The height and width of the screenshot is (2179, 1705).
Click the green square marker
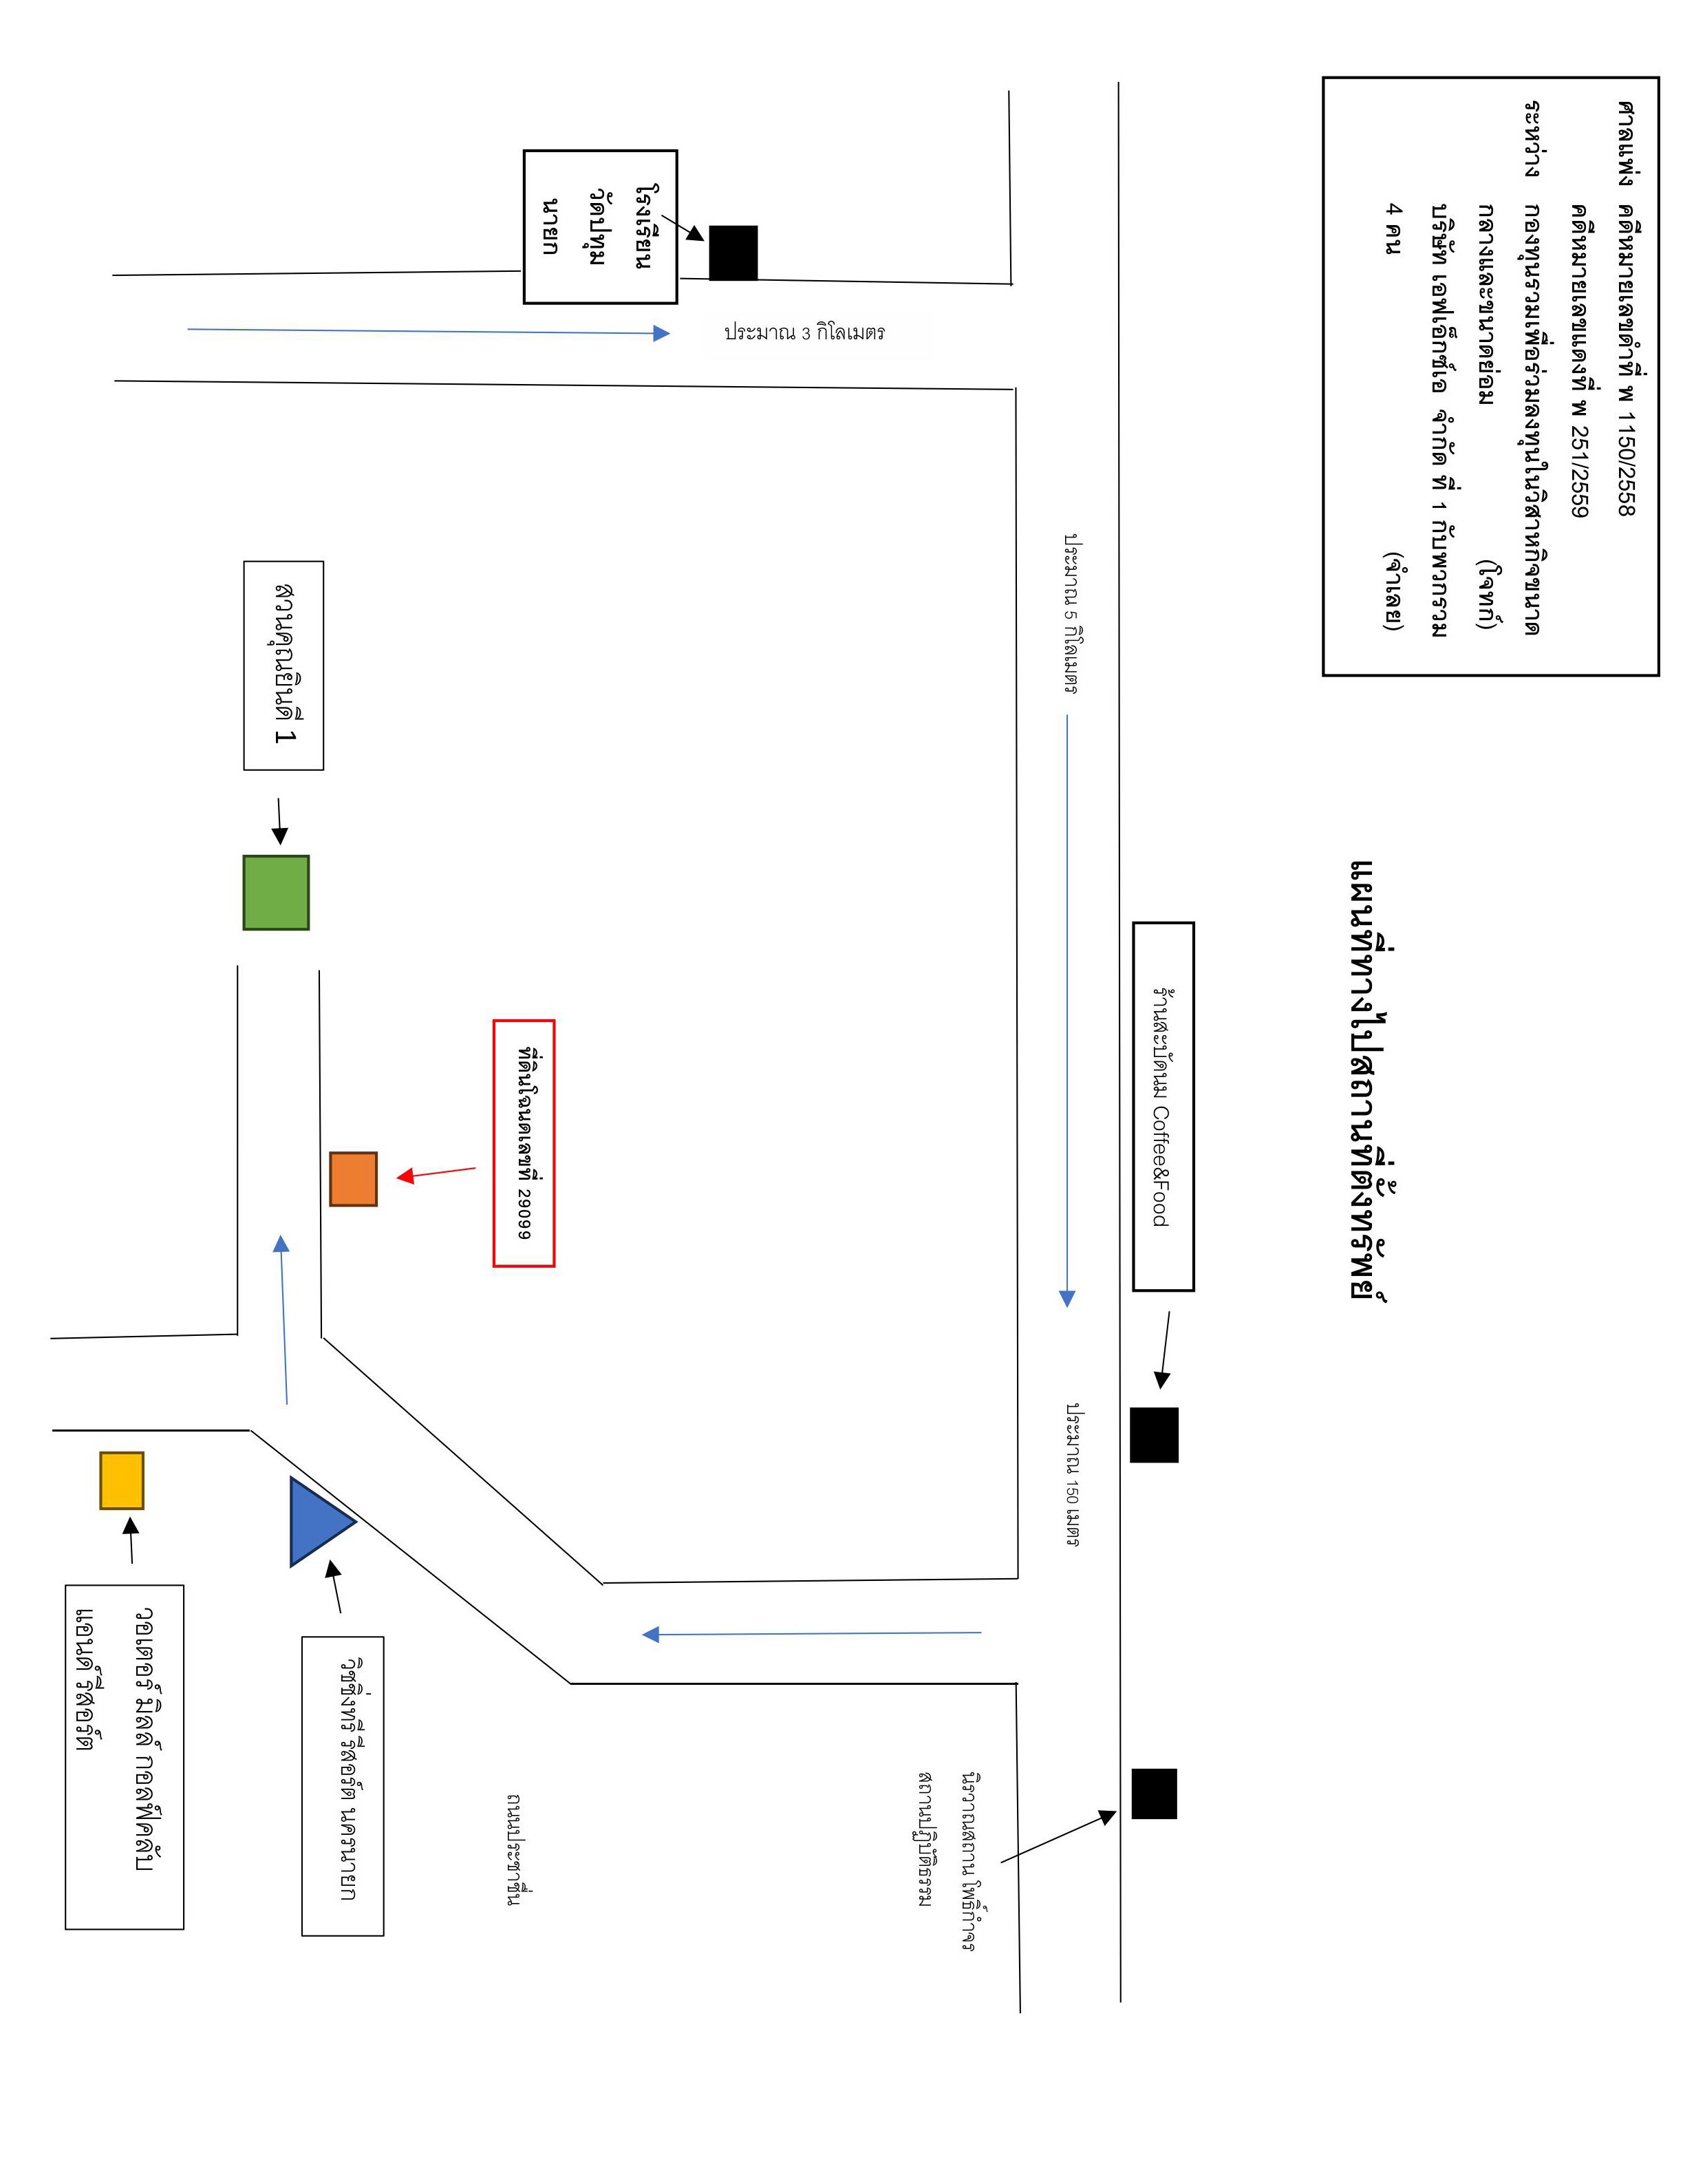tap(277, 892)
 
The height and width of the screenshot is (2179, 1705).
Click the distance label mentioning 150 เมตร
tap(1072, 1475)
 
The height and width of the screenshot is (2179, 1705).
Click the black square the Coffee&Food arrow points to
tap(1154, 1435)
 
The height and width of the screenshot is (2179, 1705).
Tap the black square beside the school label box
tap(733, 253)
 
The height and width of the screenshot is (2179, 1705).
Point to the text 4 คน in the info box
tap(1393, 228)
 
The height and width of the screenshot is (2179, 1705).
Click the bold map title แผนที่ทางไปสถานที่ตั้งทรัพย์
tap(1370, 1081)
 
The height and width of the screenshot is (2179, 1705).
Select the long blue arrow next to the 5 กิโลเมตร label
tap(1067, 1010)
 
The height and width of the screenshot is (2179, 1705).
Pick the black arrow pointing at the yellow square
tap(130, 1540)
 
